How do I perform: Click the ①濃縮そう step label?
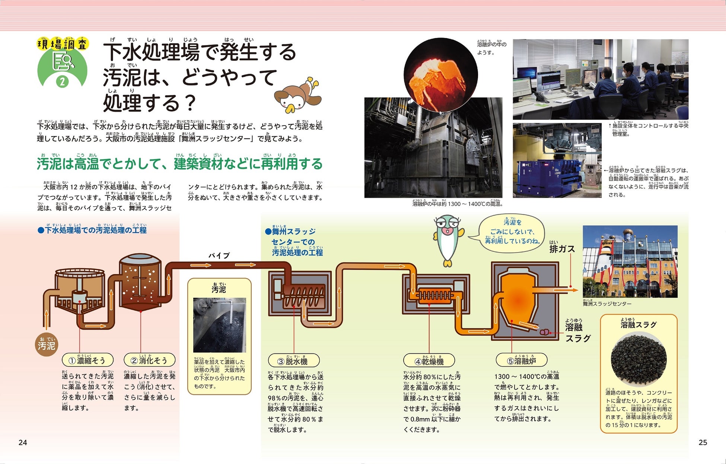87,360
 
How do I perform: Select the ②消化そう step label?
149,360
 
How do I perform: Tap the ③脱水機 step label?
293,361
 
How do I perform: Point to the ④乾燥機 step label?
429,361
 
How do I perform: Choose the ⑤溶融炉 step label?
521,360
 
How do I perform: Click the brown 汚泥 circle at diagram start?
47,345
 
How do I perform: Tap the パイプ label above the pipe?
219,255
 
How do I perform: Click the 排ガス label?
562,249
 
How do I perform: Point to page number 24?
23,442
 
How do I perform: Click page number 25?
703,442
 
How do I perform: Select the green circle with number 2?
63,81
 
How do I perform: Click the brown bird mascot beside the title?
298,96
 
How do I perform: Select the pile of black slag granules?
638,359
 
